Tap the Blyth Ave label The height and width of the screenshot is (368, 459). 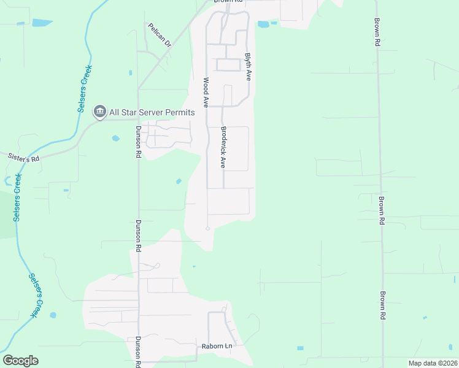click(249, 66)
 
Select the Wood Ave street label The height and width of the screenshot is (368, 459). click(206, 92)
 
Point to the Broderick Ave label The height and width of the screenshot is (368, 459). click(223, 147)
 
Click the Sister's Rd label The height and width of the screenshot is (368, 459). click(23, 158)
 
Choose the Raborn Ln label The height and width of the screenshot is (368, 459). click(217, 347)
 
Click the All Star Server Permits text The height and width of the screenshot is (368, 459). click(152, 112)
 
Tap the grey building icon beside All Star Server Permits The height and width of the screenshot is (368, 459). click(99, 112)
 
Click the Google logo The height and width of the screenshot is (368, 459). click(20, 361)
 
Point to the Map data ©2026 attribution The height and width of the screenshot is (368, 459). click(433, 363)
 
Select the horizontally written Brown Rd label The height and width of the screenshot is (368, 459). click(229, 2)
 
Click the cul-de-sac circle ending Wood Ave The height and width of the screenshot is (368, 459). click(207, 228)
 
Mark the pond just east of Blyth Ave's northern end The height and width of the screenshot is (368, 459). click(263, 25)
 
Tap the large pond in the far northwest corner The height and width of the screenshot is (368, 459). click(42, 23)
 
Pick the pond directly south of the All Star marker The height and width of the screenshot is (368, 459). click(116, 139)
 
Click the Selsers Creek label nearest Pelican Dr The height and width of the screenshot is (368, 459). click(85, 88)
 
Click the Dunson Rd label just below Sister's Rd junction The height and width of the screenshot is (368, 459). click(139, 142)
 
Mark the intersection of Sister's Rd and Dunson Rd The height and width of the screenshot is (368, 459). click(138, 119)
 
